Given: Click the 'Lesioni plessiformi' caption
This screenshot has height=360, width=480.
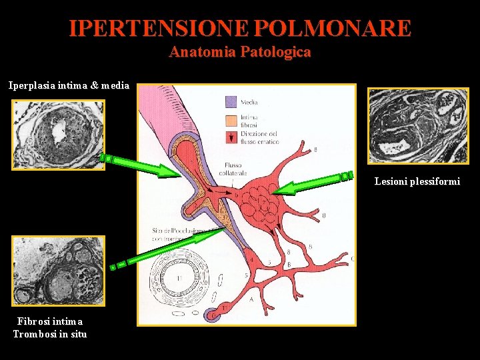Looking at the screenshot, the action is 417,181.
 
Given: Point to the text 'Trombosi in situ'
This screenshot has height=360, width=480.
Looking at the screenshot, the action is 49,333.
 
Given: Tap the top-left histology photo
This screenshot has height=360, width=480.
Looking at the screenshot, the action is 59,134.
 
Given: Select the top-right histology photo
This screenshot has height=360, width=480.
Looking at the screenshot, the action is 419,125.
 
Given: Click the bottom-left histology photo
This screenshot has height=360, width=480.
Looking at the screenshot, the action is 59,270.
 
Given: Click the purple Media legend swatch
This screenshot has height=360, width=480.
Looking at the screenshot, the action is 231,102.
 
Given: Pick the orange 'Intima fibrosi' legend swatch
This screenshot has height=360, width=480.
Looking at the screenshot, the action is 231,120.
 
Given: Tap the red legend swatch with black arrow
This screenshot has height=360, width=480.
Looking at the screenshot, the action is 231,137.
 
